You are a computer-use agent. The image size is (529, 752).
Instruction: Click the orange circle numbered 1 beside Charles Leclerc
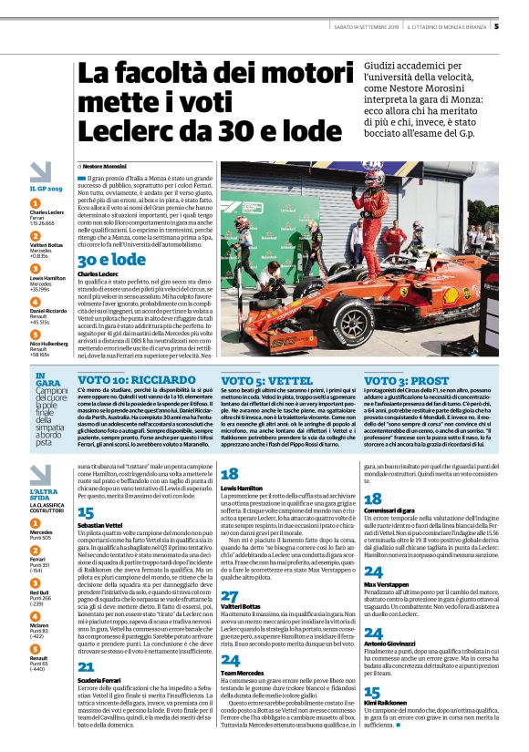(36, 204)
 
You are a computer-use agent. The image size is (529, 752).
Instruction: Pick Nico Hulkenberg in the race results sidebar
(49, 344)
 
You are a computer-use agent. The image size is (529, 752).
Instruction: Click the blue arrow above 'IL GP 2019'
(39, 170)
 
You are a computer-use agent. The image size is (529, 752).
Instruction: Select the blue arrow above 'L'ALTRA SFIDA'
(39, 475)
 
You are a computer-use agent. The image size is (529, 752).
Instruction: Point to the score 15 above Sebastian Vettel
(86, 513)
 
